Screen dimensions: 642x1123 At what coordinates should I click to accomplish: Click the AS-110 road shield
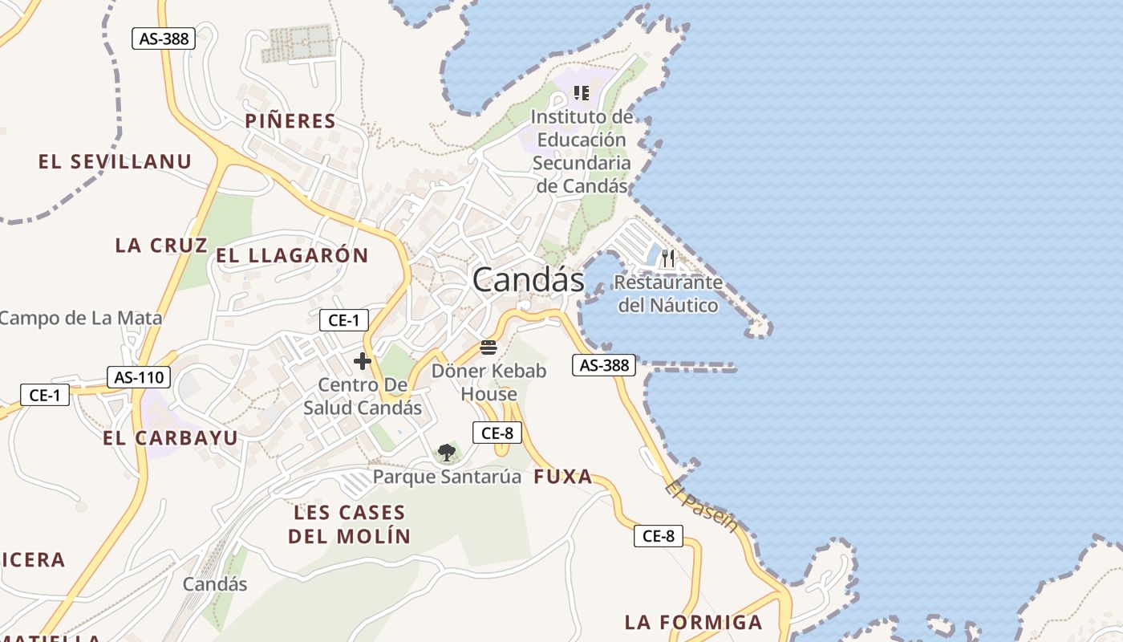pos(139,377)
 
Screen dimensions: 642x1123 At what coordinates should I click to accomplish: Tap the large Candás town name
pos(528,280)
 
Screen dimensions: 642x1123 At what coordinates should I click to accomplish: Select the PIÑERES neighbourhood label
pos(290,121)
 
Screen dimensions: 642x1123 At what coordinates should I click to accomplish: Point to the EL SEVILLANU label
pos(115,162)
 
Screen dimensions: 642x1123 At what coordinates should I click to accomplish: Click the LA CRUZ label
pos(161,246)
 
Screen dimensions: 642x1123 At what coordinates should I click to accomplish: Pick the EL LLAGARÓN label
pos(292,256)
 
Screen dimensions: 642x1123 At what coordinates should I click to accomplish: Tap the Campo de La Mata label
pos(80,318)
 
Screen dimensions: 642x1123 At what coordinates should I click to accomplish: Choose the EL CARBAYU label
pos(170,438)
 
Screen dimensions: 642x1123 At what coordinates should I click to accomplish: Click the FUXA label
pos(563,477)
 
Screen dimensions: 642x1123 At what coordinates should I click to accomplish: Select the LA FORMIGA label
pos(693,622)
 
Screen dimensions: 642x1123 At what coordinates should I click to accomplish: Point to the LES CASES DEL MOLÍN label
pos(350,525)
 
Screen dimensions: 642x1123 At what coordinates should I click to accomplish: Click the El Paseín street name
pos(701,506)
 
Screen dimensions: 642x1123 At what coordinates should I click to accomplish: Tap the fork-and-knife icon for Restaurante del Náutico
pos(668,258)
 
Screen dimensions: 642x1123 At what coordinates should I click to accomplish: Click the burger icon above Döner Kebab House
pos(489,347)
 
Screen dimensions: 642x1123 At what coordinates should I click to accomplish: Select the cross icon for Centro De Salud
pos(363,361)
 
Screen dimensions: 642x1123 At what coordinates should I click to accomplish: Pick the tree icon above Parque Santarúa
pos(447,453)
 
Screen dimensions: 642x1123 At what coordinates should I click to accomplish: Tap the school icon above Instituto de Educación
pos(582,93)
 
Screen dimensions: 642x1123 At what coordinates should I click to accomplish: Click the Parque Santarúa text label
pos(447,477)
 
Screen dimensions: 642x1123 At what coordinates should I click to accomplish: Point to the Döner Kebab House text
pos(489,383)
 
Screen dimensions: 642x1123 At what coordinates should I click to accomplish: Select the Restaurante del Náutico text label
pos(668,294)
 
